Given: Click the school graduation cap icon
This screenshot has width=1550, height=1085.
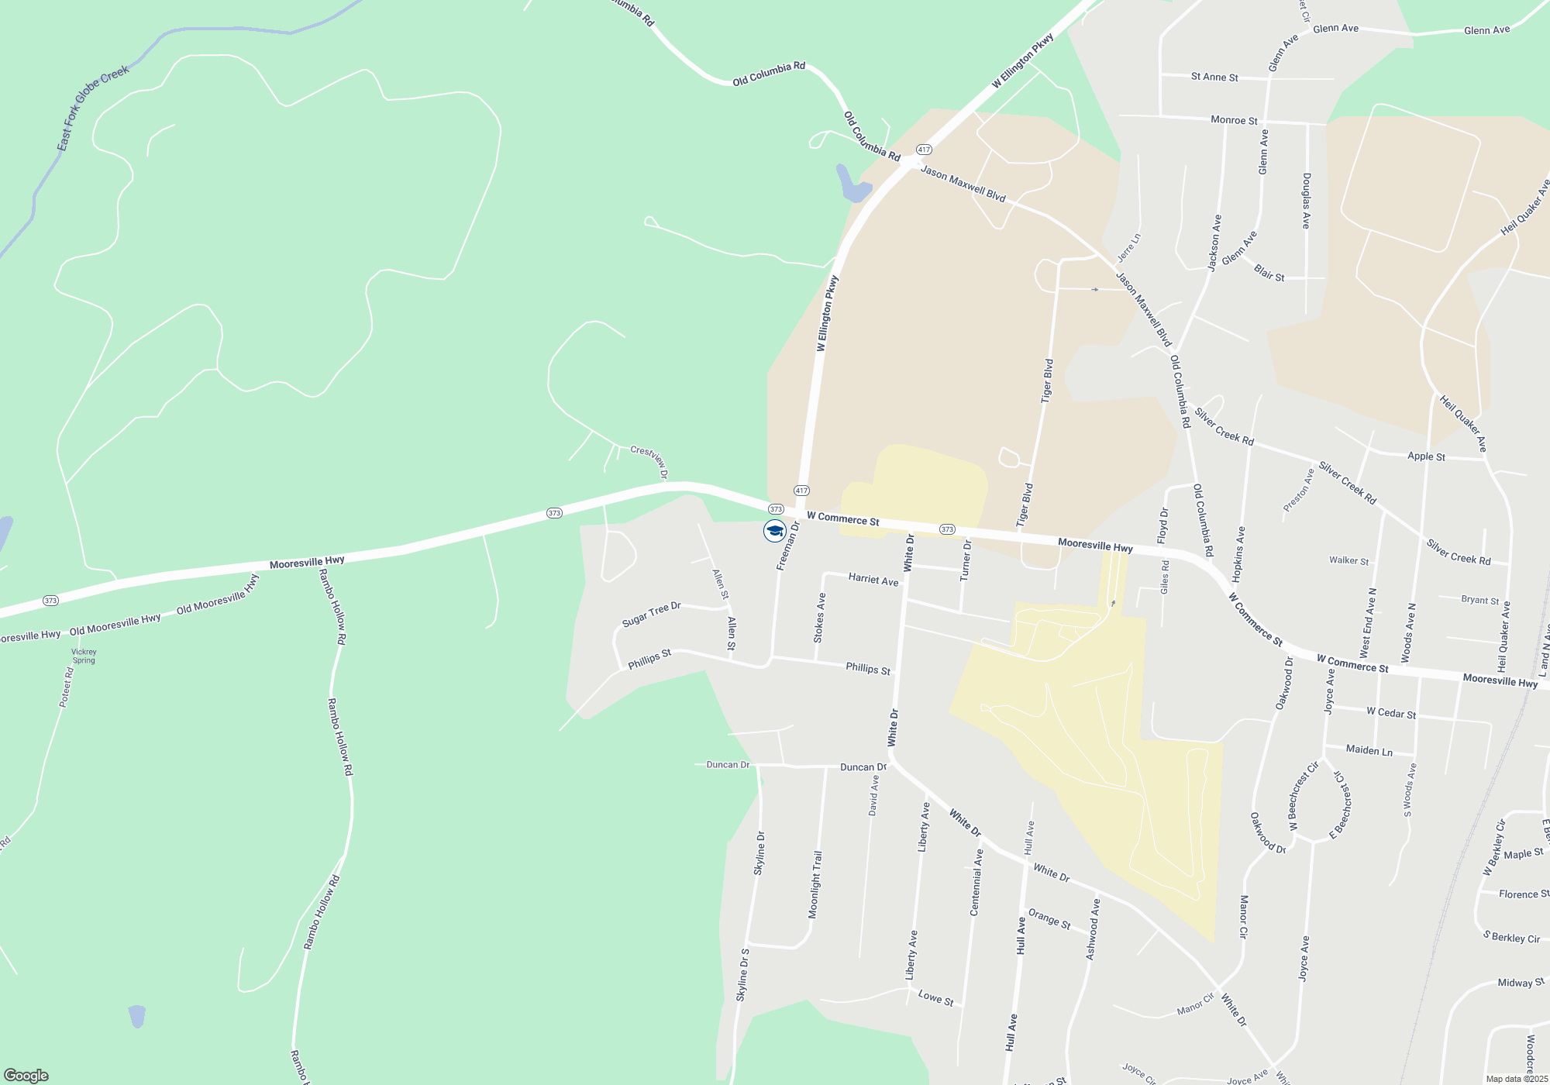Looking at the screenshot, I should point(774,531).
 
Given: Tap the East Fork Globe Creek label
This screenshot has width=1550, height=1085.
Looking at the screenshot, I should point(92,108).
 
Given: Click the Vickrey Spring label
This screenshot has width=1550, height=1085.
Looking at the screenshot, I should point(84,656).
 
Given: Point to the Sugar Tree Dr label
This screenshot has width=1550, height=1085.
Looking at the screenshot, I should point(651,615).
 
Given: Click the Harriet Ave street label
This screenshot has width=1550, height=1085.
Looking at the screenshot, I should point(873,580).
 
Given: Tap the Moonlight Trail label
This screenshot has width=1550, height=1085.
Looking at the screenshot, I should point(815,884).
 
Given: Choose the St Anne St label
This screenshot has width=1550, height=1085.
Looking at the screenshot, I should point(1214,77).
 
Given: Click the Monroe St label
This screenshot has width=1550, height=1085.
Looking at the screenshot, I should point(1234,120).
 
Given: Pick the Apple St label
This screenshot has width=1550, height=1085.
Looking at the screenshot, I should point(1426,456).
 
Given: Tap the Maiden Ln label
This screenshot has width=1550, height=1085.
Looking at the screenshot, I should point(1369,750).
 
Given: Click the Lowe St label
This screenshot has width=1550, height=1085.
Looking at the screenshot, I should point(935,997).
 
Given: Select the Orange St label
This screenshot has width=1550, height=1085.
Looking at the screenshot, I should point(1049,919).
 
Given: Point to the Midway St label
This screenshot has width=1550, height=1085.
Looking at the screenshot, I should point(1521,983).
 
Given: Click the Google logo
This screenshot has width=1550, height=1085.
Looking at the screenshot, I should point(26,1076).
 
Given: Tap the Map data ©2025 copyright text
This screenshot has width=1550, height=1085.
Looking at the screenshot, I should point(1516,1079).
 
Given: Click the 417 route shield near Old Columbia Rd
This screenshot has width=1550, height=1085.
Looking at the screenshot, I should point(923,149).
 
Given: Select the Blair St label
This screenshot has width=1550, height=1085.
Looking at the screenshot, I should point(1269,274).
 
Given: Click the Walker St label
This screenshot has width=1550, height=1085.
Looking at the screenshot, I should point(1348,560).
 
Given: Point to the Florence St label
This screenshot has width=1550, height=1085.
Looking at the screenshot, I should point(1522,894).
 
